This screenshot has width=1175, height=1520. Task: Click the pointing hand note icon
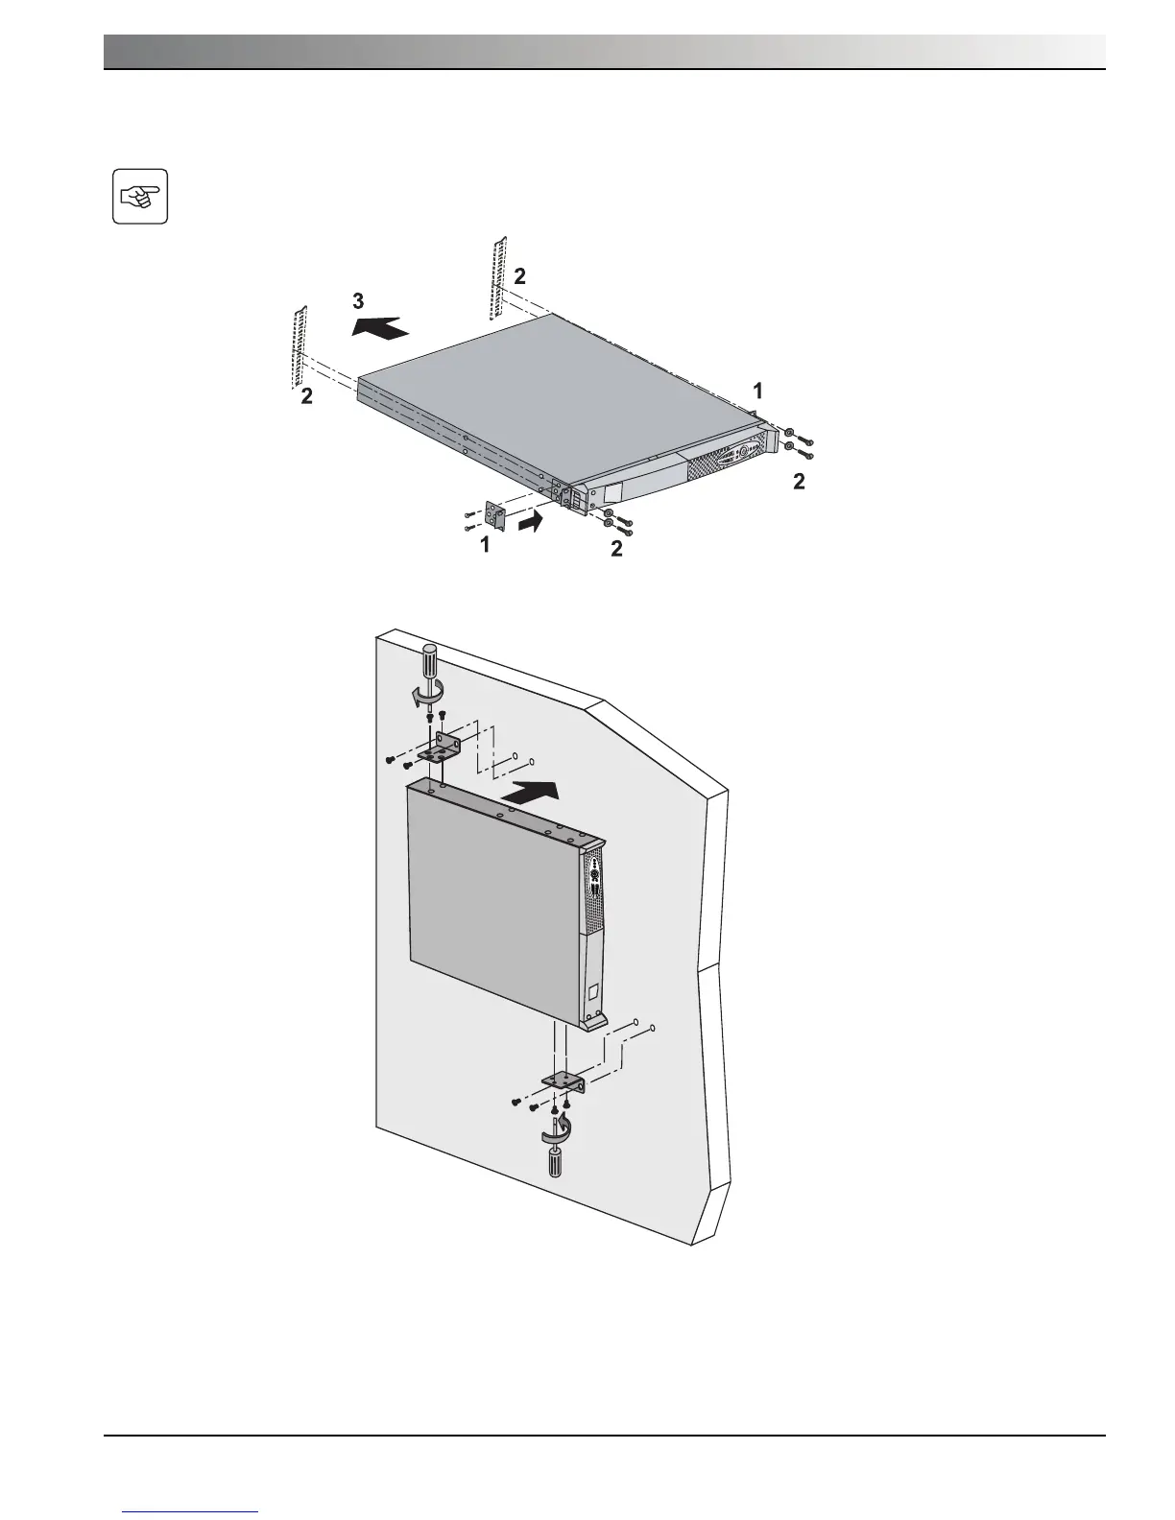click(140, 197)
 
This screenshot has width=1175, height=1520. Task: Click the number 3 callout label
click(357, 299)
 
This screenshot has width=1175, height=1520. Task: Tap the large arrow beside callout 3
click(381, 328)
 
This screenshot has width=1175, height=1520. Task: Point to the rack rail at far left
click(299, 346)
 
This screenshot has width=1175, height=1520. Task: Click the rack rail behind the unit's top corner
click(495, 279)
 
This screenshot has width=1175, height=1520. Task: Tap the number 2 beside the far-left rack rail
click(306, 396)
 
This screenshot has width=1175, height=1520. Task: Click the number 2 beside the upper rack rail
click(519, 276)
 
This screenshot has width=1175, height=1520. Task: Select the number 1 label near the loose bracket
click(485, 545)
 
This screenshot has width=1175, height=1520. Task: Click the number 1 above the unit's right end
click(758, 391)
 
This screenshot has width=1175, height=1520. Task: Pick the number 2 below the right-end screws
click(799, 483)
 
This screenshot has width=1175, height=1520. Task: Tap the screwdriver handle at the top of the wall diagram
click(429, 663)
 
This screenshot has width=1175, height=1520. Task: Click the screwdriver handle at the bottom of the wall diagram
click(554, 1163)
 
